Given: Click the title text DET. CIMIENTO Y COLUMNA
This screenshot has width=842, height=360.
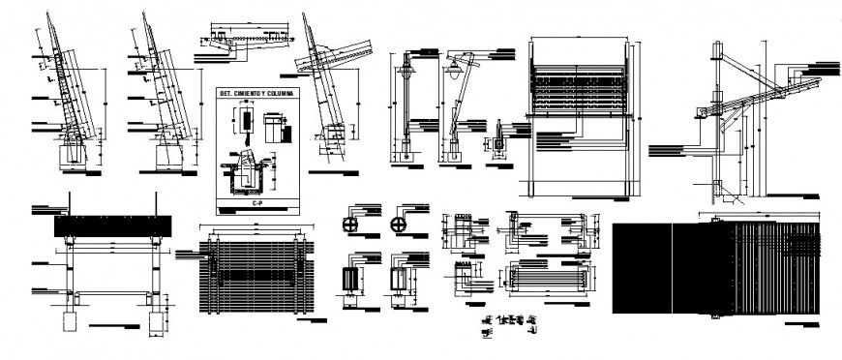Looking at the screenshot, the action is tap(257, 93).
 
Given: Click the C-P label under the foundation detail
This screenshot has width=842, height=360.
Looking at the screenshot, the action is tap(256, 204).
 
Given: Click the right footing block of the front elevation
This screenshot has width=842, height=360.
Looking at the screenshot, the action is tap(155, 320).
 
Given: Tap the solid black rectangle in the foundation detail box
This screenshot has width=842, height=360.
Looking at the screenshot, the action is tap(246, 121).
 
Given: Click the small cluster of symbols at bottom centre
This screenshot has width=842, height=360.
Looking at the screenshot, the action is tap(508, 324).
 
